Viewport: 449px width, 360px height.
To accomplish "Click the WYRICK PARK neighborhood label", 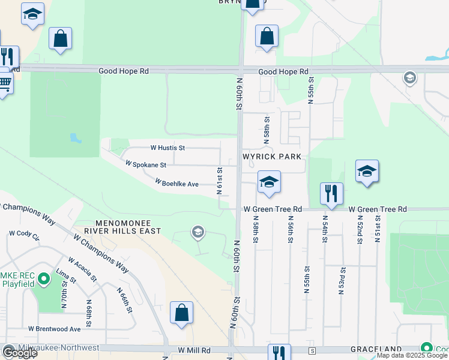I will click(271, 156).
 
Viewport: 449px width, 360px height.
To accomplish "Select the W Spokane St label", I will click(145, 163).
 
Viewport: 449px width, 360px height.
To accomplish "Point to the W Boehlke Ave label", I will click(176, 182).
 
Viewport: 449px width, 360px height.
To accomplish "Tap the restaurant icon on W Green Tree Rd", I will click(331, 194).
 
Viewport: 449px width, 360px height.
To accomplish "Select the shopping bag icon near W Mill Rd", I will click(181, 313).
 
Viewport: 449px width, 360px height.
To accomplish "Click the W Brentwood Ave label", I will click(54, 329).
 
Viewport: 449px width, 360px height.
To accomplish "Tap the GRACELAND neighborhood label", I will click(382, 349).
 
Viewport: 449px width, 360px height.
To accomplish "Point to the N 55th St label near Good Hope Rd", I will click(312, 90).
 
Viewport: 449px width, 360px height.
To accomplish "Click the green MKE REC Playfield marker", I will click(43, 279).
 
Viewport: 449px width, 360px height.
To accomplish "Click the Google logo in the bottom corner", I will click(19, 353).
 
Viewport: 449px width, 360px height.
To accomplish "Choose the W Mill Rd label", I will click(194, 350).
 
